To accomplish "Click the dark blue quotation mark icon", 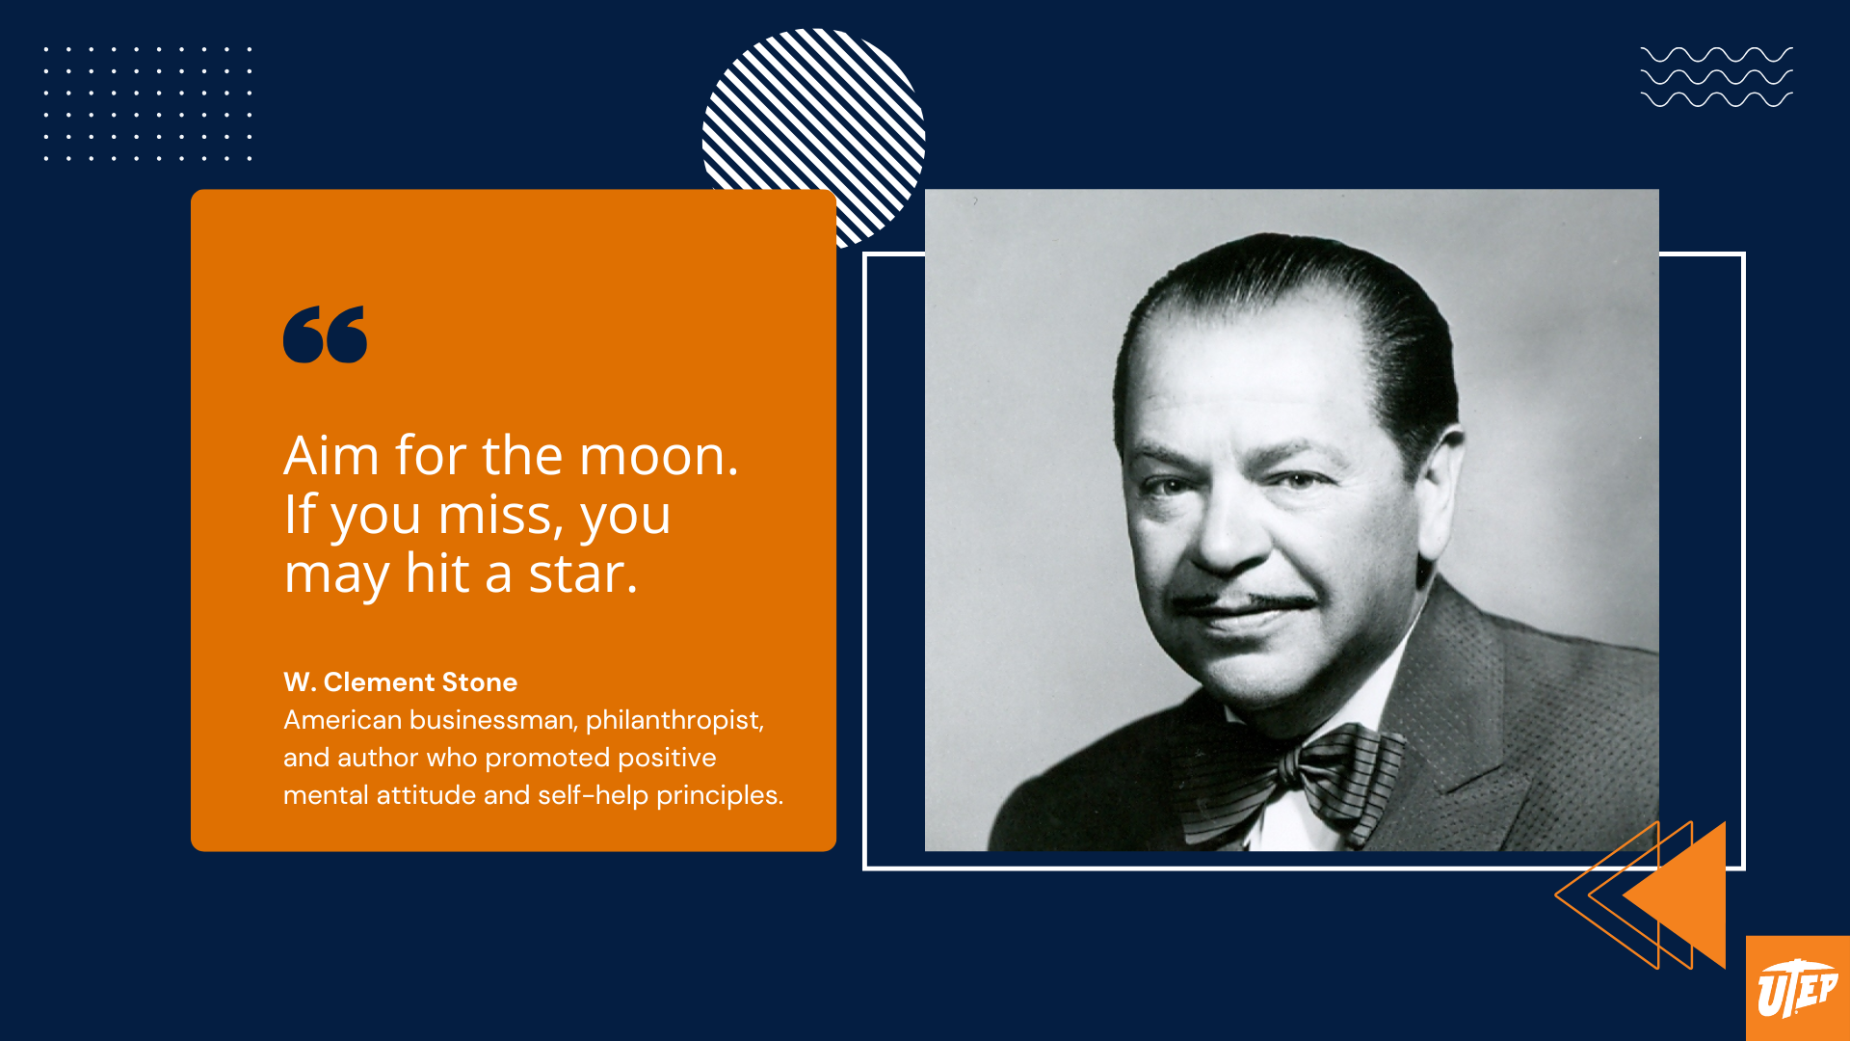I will [x=325, y=334].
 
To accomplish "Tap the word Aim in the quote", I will [x=330, y=456].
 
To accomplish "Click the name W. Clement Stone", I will [x=400, y=682].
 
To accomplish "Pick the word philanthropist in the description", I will [x=674, y=720].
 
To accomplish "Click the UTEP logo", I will [x=1797, y=989].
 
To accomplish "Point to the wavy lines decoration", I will [x=1716, y=76].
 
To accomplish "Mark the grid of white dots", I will [x=147, y=103].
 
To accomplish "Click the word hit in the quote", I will [x=437, y=574].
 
